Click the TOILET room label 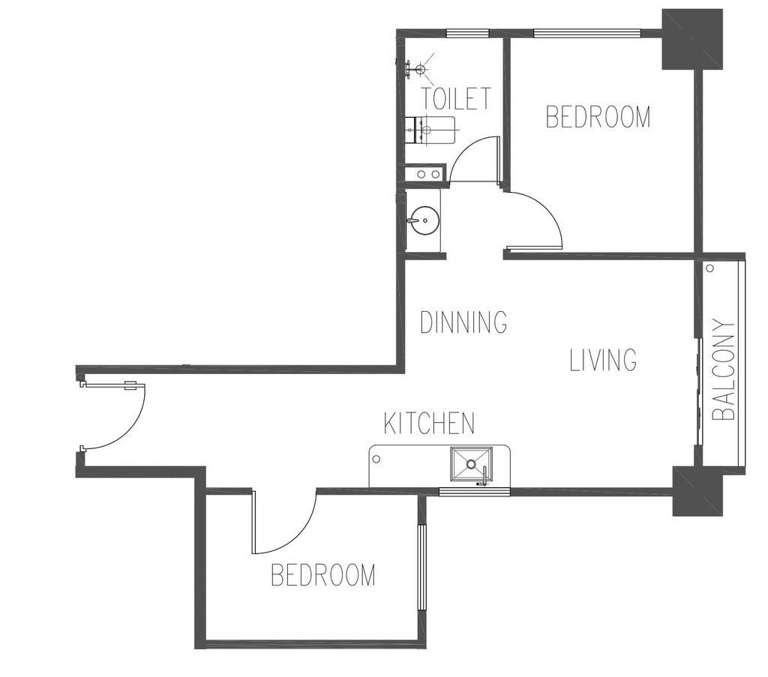coord(456,98)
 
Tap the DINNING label coord(463,322)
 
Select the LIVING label coord(604,360)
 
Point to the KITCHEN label coord(429,424)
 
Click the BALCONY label coord(724,370)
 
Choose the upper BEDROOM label coord(598,117)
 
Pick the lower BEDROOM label coord(323,575)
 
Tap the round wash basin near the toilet coord(423,221)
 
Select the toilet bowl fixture coord(430,130)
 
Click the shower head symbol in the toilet coord(420,68)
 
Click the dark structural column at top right coord(692,39)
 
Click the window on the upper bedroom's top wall coord(587,33)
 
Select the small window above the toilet coord(468,33)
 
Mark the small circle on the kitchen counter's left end coord(376,459)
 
